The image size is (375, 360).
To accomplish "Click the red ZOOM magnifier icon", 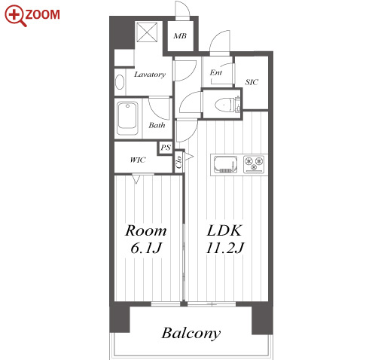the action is tap(15, 16).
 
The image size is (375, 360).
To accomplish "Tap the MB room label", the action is tap(180, 36).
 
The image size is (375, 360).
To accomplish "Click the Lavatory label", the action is tap(150, 75).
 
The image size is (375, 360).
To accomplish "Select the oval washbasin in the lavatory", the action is tap(120, 82).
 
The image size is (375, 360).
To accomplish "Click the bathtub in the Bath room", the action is tap(127, 118).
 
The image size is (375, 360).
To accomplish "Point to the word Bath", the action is tap(157, 125).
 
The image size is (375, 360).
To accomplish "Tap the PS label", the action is tap(166, 148).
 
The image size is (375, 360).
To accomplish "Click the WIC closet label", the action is tap(138, 160).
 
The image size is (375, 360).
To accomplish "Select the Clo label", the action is tap(178, 163).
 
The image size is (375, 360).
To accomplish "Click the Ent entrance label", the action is tap(216, 72).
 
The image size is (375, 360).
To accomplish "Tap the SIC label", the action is tap(252, 82).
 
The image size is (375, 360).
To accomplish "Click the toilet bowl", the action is tap(224, 105).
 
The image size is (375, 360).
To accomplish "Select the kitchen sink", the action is tap(225, 164).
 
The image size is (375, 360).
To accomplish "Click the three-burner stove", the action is tap(254, 164).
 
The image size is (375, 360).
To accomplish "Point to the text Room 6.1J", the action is tap(146, 239).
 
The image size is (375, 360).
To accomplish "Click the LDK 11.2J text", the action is tap(225, 239).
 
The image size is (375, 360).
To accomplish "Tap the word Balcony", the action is tap(191, 334).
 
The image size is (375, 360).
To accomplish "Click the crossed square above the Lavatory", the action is tap(147, 32).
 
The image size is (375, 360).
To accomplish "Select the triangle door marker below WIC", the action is tap(136, 179).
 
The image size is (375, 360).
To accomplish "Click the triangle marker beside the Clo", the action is tap(189, 157).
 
